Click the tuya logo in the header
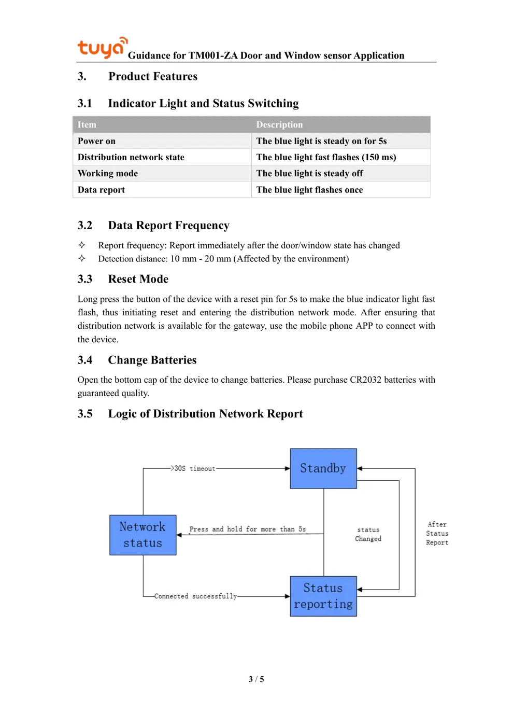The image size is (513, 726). [x=102, y=47]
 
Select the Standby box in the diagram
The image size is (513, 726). [x=323, y=468]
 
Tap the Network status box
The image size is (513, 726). [x=142, y=535]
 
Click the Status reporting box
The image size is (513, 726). [x=323, y=596]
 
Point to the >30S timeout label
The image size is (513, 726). [x=193, y=468]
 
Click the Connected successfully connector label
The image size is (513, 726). [x=195, y=596]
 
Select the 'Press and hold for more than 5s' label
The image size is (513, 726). [x=247, y=529]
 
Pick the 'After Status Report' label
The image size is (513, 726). [x=437, y=534]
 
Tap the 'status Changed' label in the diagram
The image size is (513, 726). [x=368, y=534]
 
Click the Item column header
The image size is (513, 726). [x=87, y=124]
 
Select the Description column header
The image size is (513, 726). [x=279, y=124]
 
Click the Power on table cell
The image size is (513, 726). [x=97, y=141]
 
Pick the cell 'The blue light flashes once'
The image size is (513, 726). [x=309, y=190]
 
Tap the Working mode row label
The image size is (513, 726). [x=108, y=173]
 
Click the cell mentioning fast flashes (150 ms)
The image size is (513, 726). [x=326, y=157]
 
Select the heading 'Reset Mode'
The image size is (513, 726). [x=138, y=279]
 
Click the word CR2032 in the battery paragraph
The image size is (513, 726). [x=365, y=380]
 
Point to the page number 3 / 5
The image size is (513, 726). [x=256, y=679]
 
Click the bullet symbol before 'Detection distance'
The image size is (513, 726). [x=82, y=258]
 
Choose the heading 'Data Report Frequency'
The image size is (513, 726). [x=168, y=225]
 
